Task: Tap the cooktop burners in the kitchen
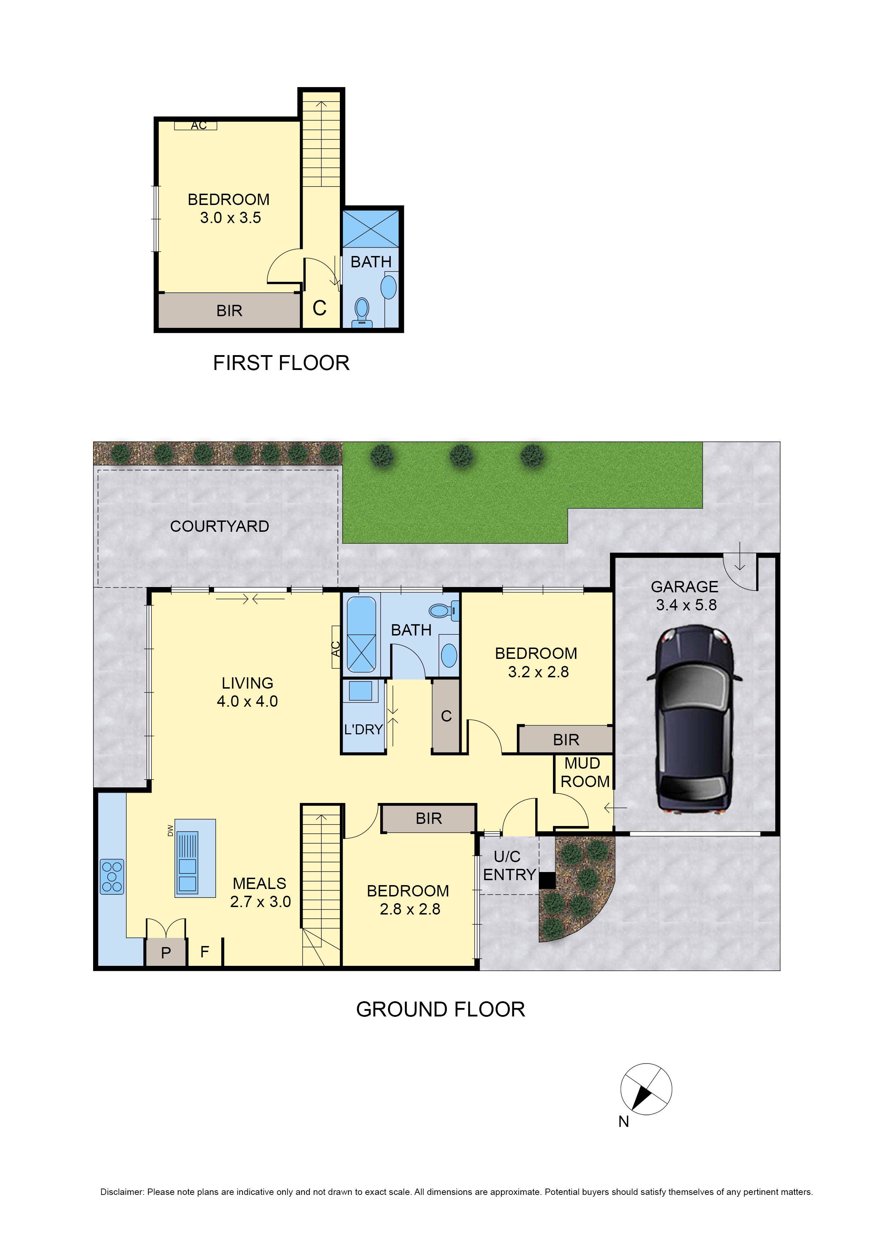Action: (x=112, y=876)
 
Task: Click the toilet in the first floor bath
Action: (x=361, y=312)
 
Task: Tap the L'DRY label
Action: (x=363, y=729)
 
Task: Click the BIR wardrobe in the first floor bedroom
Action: (x=229, y=310)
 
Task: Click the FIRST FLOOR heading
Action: (x=281, y=363)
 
